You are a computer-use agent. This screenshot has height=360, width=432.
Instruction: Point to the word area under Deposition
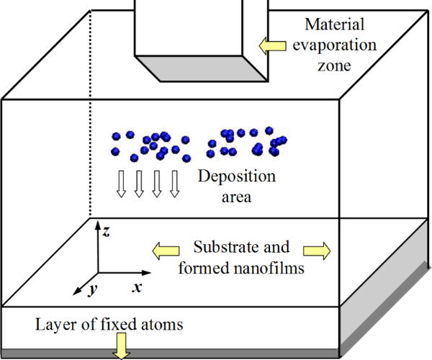pos(233,196)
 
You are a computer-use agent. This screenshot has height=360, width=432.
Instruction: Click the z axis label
pos(106,231)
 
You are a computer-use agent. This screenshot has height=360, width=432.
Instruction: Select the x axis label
pos(136,287)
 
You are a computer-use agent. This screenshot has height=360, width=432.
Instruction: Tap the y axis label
pos(92,290)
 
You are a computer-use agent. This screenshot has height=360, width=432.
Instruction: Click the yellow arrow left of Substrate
pos(165,251)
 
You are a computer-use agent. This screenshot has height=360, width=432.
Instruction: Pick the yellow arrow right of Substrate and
pos(318,251)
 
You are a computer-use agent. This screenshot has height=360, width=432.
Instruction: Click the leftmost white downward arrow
pos(122,184)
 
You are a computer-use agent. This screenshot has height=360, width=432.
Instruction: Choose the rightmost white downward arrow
pos(174,184)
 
